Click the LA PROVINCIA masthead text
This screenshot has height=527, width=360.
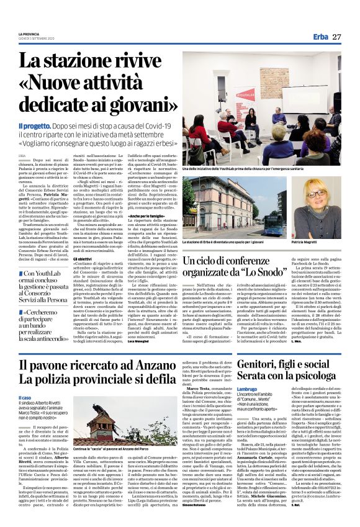coord(29,33)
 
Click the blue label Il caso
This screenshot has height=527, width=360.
coord(25,398)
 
